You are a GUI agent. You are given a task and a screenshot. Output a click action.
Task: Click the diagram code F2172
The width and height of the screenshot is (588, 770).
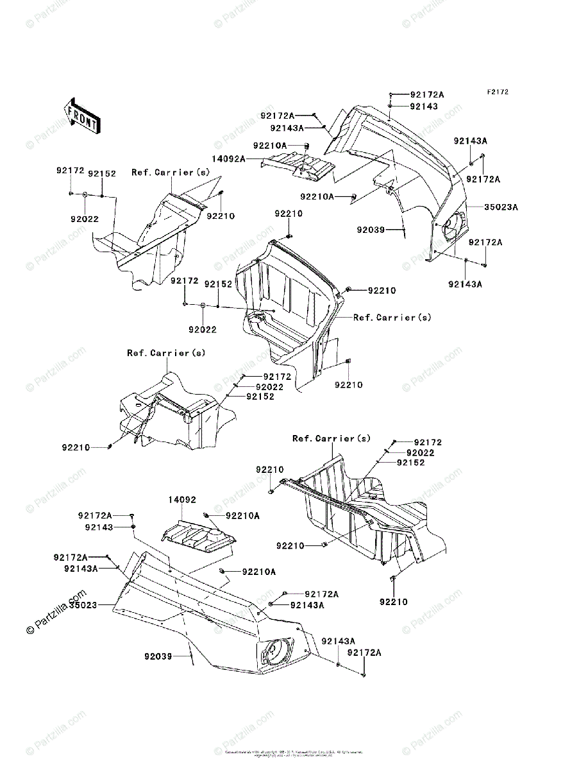(x=497, y=92)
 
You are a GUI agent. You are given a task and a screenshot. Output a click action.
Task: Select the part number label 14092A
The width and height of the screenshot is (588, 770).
(x=228, y=158)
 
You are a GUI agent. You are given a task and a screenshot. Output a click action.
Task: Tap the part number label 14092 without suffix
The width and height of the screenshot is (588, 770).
(x=182, y=499)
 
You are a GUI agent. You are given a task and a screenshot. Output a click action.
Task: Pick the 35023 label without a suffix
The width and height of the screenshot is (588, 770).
(x=84, y=604)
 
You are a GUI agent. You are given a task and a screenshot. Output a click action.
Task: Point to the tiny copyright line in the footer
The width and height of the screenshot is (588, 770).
(x=294, y=753)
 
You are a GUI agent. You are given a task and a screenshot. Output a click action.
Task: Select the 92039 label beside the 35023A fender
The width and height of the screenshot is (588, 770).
(x=371, y=229)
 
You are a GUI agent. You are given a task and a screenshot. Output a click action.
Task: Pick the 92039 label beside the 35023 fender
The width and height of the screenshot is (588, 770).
(x=158, y=656)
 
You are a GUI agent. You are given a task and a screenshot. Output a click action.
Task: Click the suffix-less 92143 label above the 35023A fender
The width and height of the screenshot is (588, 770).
(x=424, y=106)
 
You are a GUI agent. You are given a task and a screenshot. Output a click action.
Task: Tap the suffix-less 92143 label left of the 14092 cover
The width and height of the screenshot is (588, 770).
(x=98, y=527)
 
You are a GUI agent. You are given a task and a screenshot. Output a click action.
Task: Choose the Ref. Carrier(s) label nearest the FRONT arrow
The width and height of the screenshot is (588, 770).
(x=171, y=173)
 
